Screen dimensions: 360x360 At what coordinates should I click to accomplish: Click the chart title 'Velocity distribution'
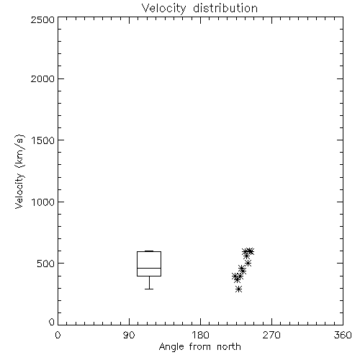[x=199, y=8]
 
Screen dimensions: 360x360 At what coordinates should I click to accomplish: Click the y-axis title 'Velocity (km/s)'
[x=19, y=171]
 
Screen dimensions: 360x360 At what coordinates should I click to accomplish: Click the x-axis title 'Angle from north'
[x=199, y=346]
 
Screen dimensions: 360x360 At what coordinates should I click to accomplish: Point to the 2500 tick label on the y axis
[x=42, y=19]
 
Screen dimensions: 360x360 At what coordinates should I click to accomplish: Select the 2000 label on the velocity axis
[x=42, y=78]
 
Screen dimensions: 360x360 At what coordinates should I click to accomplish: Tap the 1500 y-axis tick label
[x=43, y=140]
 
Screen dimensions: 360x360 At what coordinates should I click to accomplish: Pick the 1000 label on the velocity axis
[x=43, y=202]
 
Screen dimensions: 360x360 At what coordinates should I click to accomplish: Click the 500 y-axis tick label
[x=46, y=264]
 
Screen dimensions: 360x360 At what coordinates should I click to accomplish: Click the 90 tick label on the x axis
[x=129, y=335]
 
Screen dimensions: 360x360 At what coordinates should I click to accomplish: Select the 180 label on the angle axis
[x=200, y=335]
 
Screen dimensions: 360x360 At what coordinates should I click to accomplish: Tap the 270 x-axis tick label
[x=271, y=335]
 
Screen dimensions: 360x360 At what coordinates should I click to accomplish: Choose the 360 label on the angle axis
[x=343, y=335]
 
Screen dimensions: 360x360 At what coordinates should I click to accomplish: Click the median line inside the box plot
[x=149, y=268]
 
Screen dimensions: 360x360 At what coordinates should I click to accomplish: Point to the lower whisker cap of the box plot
[x=149, y=289]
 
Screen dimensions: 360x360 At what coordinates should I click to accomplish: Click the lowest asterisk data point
[x=238, y=289]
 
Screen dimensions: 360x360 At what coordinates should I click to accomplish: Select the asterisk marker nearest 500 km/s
[x=248, y=263]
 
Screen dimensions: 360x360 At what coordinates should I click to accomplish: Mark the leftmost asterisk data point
[x=235, y=276]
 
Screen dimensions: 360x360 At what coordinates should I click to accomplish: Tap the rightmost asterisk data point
[x=251, y=251]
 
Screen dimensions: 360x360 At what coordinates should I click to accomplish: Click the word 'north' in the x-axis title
[x=229, y=346]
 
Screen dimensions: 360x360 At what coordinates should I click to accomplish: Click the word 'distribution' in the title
[x=225, y=8]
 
